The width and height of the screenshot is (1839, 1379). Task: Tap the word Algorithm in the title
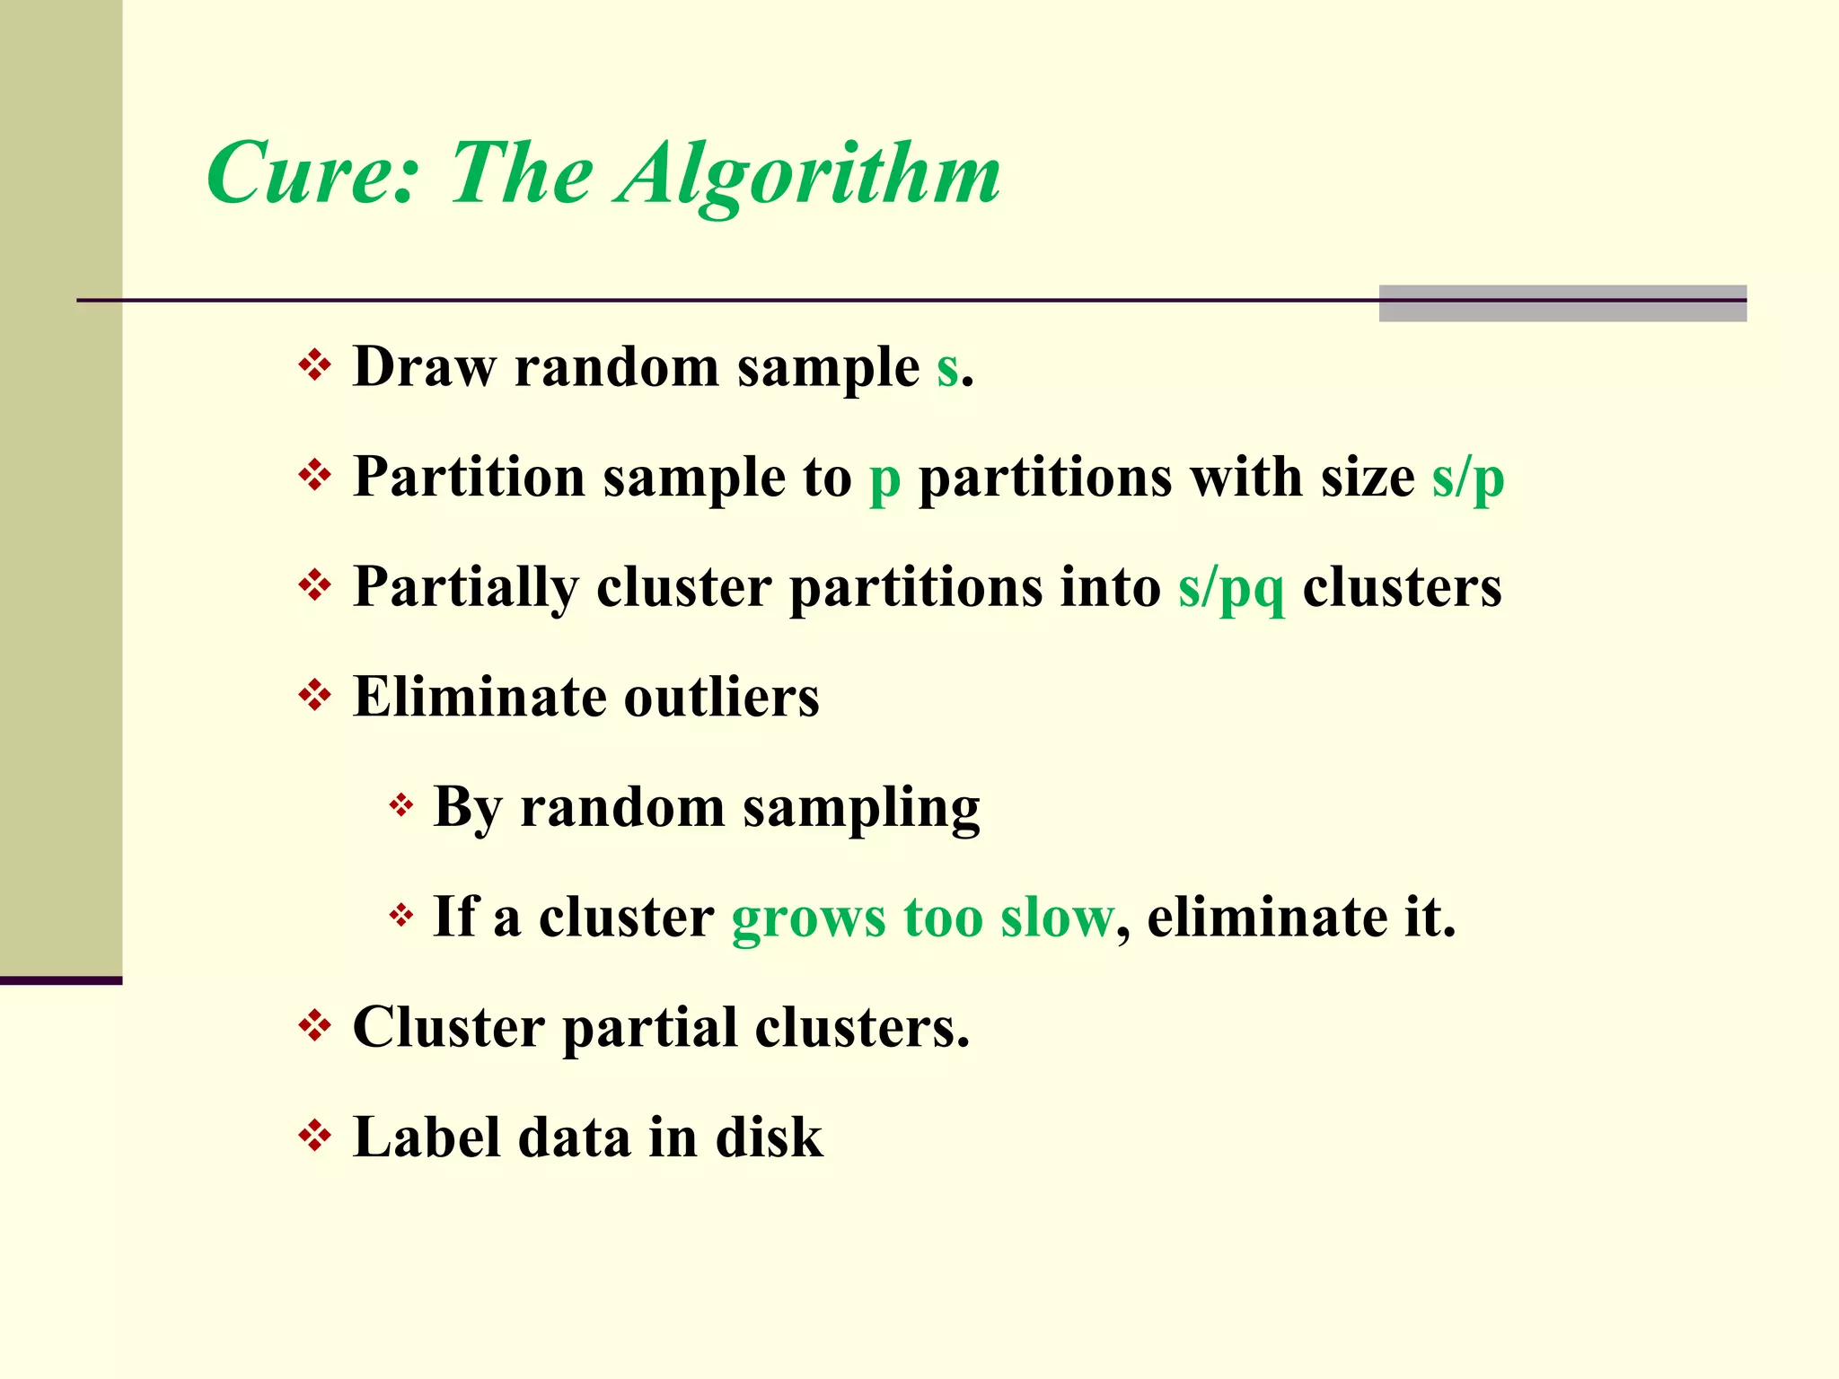(808, 175)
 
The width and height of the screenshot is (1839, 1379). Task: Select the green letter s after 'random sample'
(947, 368)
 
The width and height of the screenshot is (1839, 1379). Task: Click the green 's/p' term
(1467, 478)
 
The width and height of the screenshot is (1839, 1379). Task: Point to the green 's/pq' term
(1231, 589)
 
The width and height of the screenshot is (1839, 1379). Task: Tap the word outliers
(721, 697)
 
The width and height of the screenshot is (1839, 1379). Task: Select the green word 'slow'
(1057, 918)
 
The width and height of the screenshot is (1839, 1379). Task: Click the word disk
(769, 1137)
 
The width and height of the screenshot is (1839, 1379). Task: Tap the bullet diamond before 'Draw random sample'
(314, 365)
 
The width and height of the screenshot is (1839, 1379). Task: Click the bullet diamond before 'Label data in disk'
(314, 1136)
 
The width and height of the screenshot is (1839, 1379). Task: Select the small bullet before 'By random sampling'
(400, 805)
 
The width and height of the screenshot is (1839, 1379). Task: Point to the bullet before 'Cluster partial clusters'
(314, 1025)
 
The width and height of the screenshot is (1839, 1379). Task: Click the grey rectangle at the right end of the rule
(1562, 303)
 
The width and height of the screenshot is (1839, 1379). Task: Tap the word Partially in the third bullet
(465, 589)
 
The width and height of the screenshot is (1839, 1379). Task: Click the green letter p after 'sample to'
(884, 479)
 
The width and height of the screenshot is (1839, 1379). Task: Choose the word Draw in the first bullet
(425, 367)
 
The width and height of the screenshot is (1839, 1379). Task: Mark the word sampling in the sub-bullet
(861, 808)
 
